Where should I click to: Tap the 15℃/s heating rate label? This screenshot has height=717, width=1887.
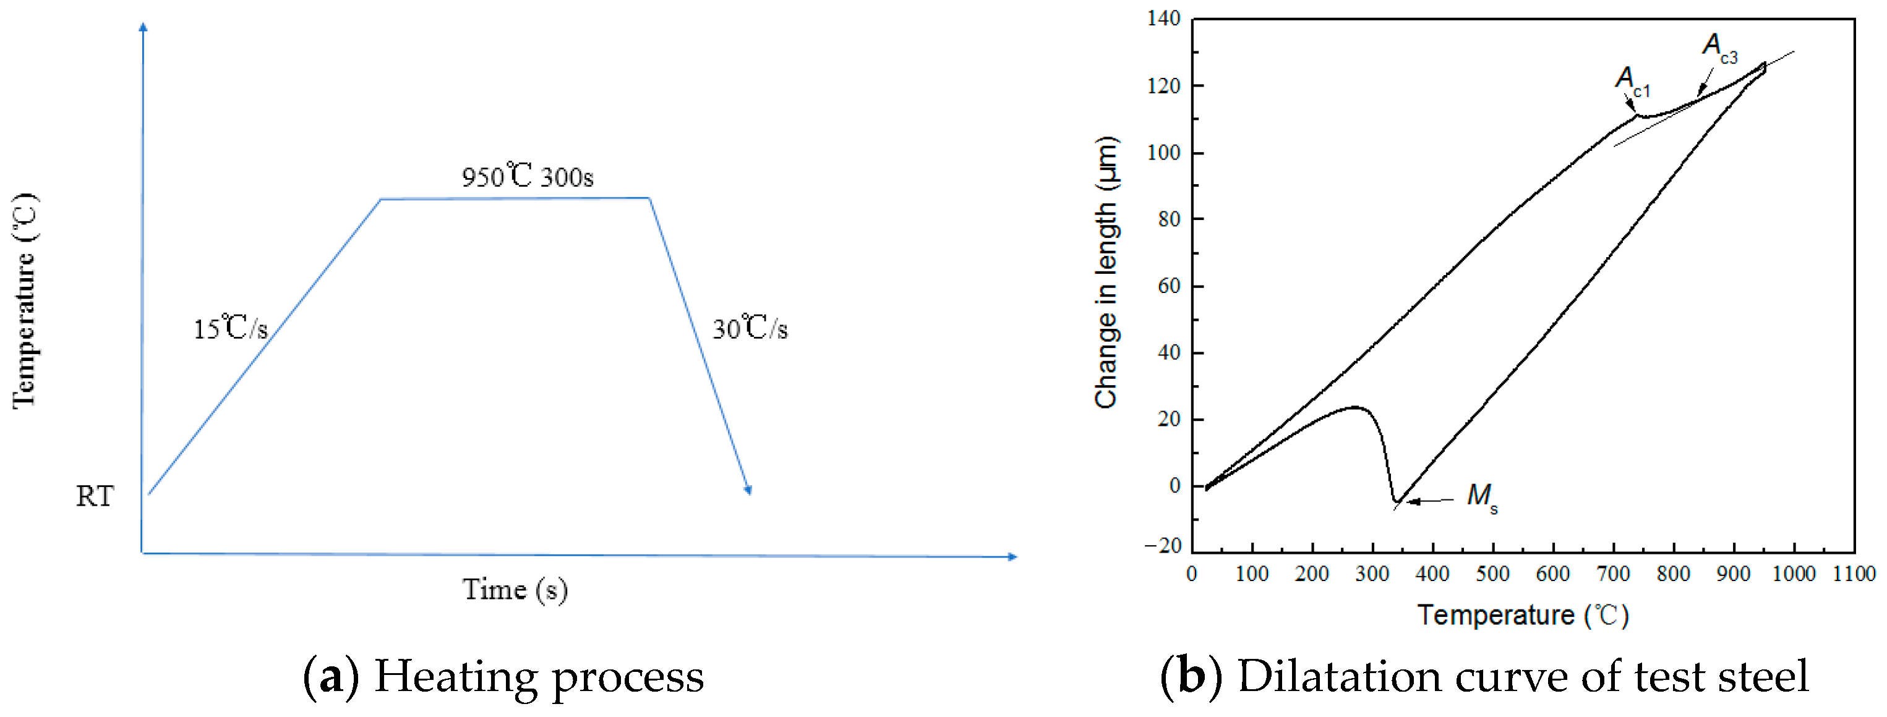tap(230, 328)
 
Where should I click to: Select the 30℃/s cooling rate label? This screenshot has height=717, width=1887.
tap(750, 328)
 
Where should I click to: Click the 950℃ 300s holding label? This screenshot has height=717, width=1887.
tap(528, 177)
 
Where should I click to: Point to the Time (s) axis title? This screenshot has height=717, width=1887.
tap(515, 590)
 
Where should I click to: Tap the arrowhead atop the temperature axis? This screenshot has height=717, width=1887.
tap(143, 27)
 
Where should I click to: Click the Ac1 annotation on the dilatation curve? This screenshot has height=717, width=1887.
tap(1632, 80)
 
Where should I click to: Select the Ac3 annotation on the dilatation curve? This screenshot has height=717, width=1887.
tap(1719, 47)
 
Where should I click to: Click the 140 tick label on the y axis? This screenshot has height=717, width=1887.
tap(1164, 19)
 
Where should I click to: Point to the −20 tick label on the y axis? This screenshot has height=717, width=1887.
tap(1163, 546)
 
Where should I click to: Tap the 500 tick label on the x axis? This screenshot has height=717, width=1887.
tap(1493, 574)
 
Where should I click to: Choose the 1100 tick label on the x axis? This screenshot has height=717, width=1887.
tap(1854, 574)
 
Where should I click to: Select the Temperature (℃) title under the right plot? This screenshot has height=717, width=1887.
tap(1523, 615)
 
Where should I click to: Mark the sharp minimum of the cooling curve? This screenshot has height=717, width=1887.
tap(1396, 503)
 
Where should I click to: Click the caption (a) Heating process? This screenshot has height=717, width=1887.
tap(503, 677)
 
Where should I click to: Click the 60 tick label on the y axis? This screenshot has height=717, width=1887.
tap(1169, 286)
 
